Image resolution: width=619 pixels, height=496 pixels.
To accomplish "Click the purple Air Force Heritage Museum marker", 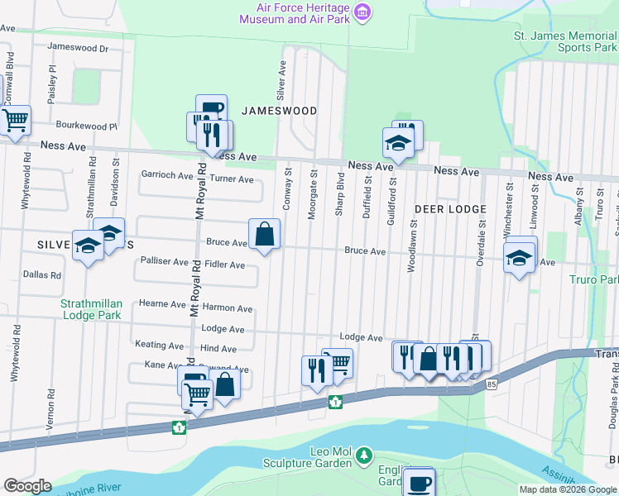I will pos(362,12).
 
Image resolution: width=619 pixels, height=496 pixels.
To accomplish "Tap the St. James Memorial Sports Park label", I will pos(565,41).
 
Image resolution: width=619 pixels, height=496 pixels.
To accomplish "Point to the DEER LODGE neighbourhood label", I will pos(450,209).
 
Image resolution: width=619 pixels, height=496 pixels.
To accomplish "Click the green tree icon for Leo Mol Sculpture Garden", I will pos(362,455).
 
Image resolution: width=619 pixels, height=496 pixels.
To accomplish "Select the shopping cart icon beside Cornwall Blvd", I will pos(15,120).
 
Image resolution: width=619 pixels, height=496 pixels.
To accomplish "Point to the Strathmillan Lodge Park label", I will pos(90,309).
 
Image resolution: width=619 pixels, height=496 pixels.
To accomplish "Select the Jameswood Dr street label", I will pos(79,48).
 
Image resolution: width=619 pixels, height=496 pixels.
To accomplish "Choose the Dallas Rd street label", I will pos(42,274).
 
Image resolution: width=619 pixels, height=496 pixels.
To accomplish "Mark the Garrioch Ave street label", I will pos(166,174).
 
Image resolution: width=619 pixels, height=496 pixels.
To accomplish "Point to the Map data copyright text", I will pos(567,489).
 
